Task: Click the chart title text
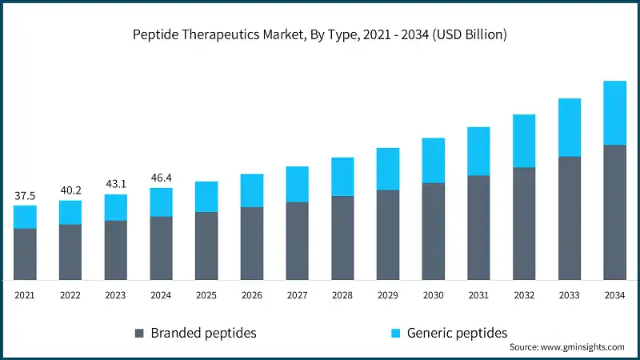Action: pyautogui.click(x=320, y=35)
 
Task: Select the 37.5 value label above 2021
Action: pyautogui.click(x=25, y=196)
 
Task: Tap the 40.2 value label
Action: pyautogui.click(x=70, y=190)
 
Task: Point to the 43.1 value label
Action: pyautogui.click(x=115, y=185)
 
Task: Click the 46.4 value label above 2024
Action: pyautogui.click(x=161, y=178)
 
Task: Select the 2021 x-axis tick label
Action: pyautogui.click(x=25, y=295)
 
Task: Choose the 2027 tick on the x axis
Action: pyautogui.click(x=297, y=295)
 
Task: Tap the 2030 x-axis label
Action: pyautogui.click(x=433, y=295)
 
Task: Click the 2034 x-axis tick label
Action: pyautogui.click(x=614, y=295)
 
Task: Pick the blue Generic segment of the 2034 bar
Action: pyautogui.click(x=614, y=113)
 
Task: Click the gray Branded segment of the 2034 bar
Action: pyautogui.click(x=614, y=212)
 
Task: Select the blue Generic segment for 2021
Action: pyautogui.click(x=25, y=217)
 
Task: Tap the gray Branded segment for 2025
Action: pyautogui.click(x=206, y=246)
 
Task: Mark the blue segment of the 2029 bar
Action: pyautogui.click(x=388, y=169)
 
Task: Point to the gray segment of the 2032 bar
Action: pyautogui.click(x=524, y=223)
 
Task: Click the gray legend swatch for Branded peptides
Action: pyautogui.click(x=140, y=333)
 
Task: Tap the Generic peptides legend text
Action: pyautogui.click(x=457, y=333)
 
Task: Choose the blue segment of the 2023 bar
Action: pyautogui.click(x=115, y=207)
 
